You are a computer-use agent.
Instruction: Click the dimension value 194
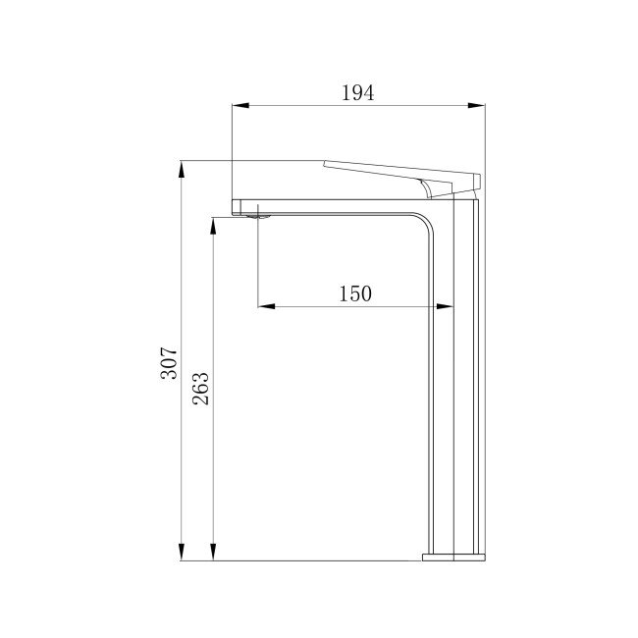pyautogui.click(x=358, y=93)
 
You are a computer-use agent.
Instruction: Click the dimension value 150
pyautogui.click(x=355, y=293)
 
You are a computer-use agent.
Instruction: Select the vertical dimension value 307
pyautogui.click(x=169, y=363)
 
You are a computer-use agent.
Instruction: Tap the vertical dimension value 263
pyautogui.click(x=199, y=390)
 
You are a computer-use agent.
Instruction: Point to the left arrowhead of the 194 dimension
pyautogui.click(x=239, y=106)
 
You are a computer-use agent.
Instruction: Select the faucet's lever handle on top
pyautogui.click(x=402, y=172)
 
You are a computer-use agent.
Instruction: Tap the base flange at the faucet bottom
pyautogui.click(x=454, y=557)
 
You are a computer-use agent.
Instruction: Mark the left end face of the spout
pyautogui.click(x=234, y=206)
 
